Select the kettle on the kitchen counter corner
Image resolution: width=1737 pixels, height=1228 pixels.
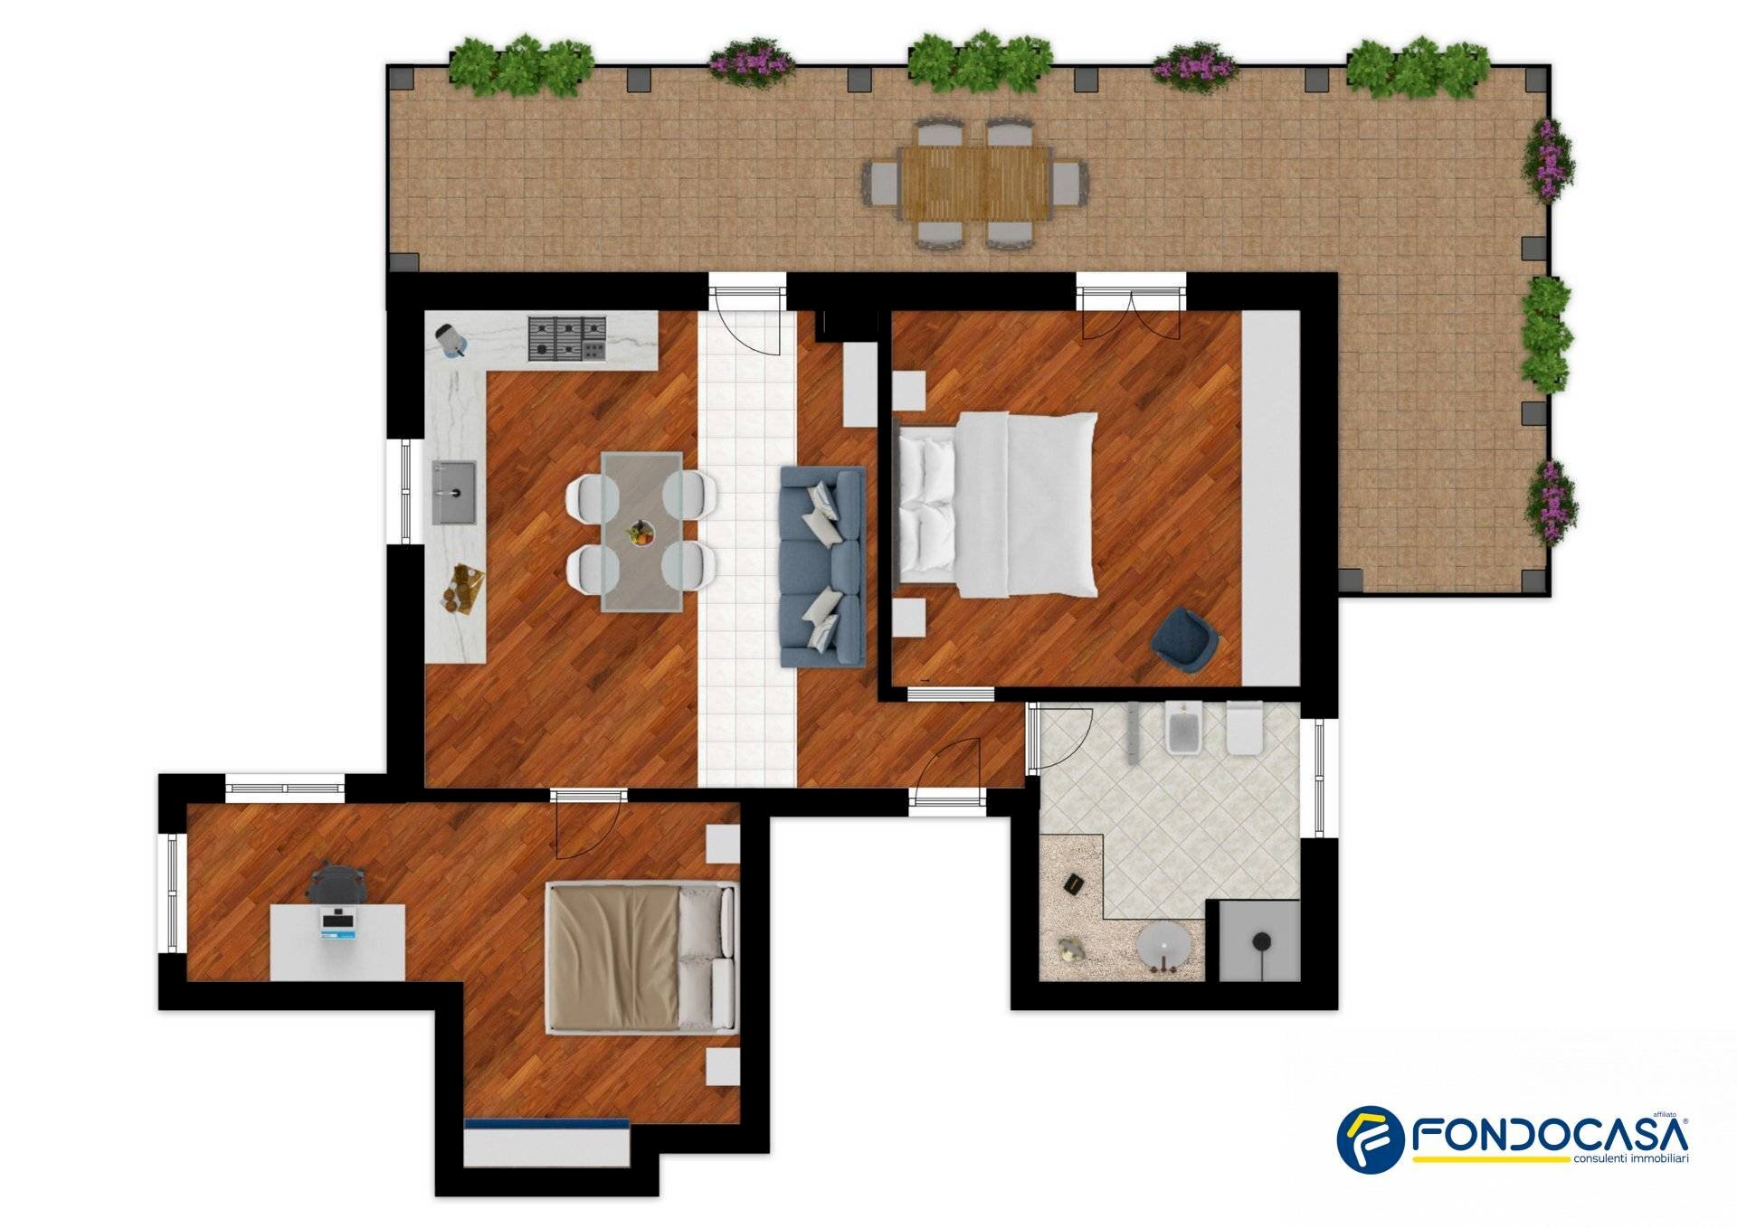(452, 340)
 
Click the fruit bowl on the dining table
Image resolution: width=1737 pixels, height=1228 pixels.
(641, 534)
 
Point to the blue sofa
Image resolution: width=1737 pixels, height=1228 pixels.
(822, 567)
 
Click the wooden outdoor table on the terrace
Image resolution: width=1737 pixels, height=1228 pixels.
(974, 184)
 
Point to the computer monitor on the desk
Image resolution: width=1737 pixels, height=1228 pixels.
(340, 923)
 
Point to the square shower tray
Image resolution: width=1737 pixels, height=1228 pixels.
(1259, 940)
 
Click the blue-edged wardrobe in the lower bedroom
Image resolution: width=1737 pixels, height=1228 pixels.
(546, 1142)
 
